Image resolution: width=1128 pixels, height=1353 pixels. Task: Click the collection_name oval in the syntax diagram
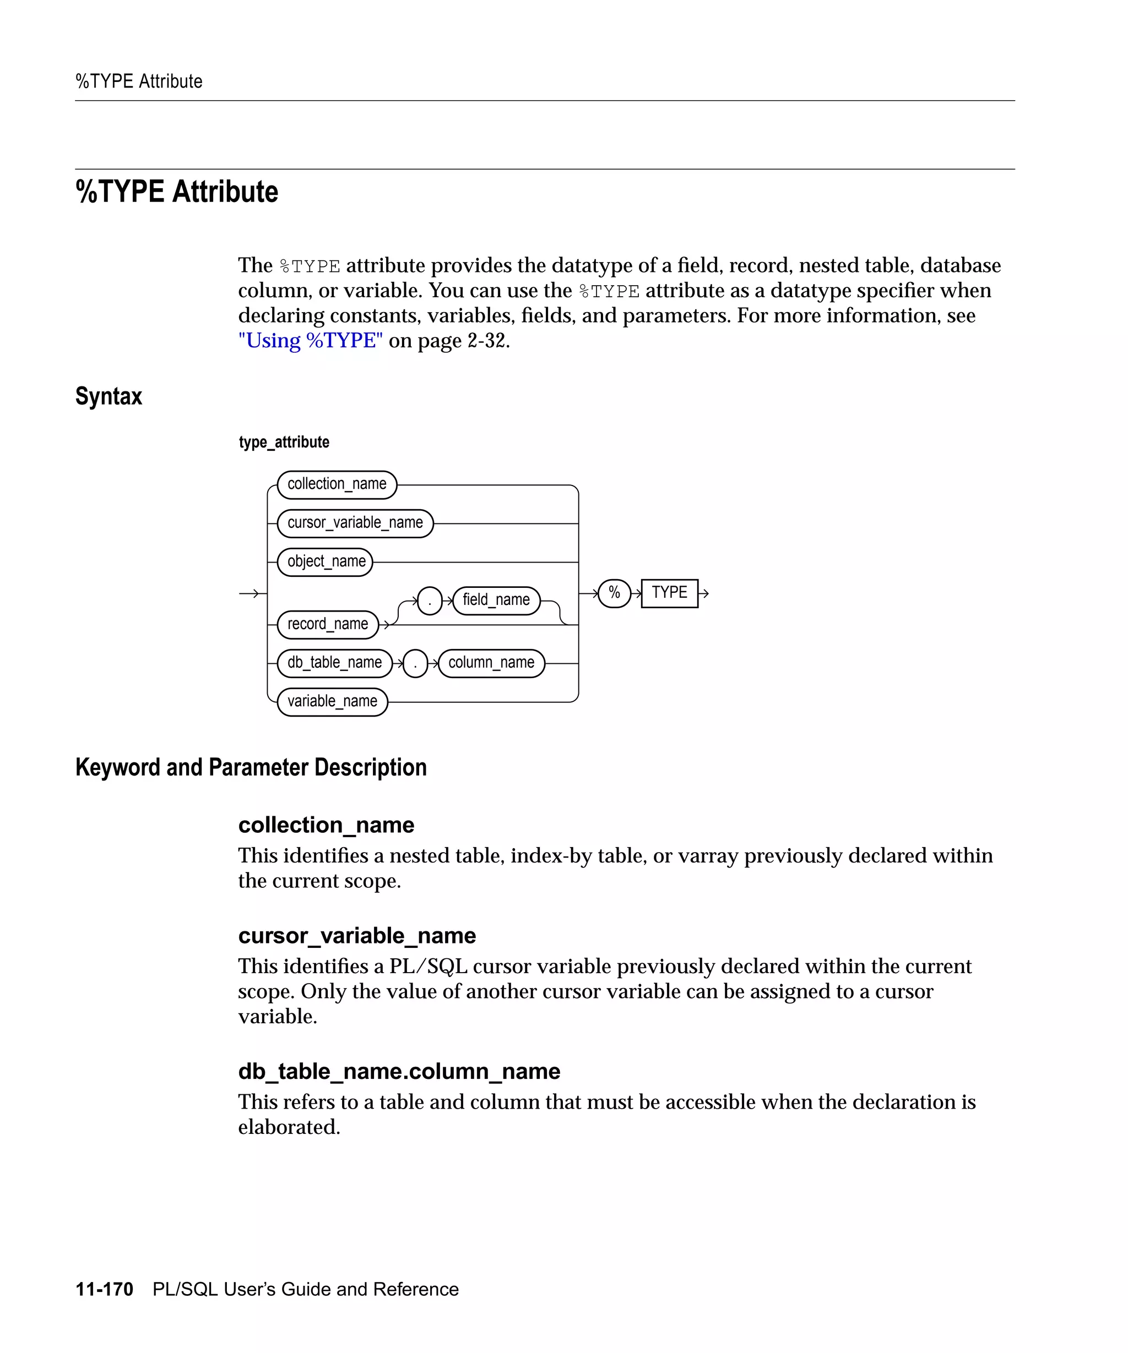tap(337, 484)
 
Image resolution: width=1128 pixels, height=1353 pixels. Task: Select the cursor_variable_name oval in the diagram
tap(355, 523)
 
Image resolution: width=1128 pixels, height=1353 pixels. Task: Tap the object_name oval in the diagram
tap(326, 562)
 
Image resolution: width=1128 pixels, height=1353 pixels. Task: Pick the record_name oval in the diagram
tap(328, 624)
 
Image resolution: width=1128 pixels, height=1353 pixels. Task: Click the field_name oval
tap(496, 601)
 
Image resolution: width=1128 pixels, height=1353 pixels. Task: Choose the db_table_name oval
tap(334, 663)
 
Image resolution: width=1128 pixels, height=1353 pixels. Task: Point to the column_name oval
tap(491, 663)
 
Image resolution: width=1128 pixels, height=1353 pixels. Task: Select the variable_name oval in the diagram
tap(332, 702)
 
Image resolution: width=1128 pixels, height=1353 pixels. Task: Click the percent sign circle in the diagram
tap(614, 593)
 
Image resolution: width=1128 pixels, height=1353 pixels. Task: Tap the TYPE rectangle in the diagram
tap(669, 593)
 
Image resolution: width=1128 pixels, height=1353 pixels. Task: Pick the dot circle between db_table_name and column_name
tap(415, 664)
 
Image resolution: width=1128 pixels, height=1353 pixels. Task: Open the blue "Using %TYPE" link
tap(310, 340)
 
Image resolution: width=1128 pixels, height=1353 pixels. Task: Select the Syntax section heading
tap(109, 396)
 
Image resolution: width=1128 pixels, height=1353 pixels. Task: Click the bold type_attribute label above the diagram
tap(284, 442)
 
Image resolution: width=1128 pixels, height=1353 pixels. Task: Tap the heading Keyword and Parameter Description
tap(251, 767)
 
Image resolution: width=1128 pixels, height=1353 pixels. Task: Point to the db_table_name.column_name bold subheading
tap(399, 1072)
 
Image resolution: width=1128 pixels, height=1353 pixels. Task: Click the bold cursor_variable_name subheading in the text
tap(356, 936)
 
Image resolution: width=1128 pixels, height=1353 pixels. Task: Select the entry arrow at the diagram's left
tap(250, 593)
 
